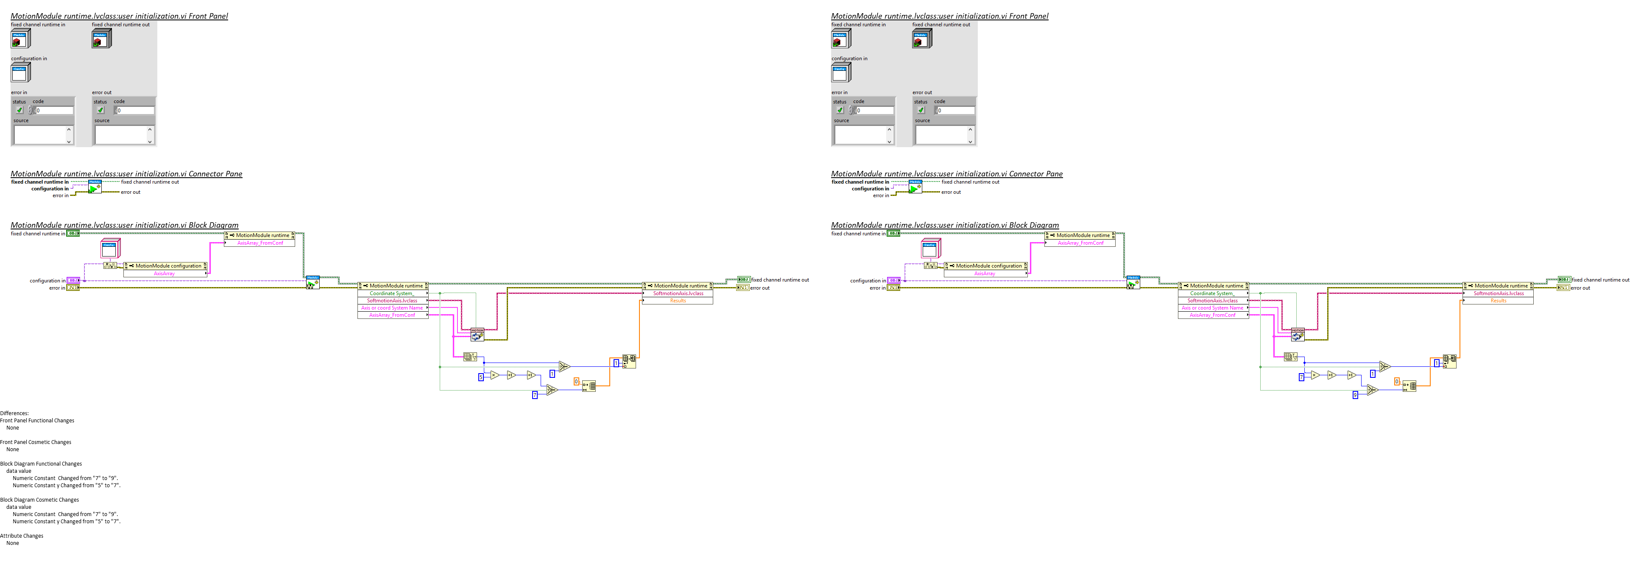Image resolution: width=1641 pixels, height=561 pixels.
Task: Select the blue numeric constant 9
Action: (1355, 395)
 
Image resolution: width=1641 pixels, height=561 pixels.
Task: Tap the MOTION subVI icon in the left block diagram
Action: (477, 334)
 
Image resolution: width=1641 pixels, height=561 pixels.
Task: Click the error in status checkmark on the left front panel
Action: (19, 110)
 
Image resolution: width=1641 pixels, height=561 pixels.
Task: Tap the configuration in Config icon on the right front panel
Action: (840, 73)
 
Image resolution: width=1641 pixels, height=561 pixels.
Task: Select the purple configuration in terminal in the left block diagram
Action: (73, 280)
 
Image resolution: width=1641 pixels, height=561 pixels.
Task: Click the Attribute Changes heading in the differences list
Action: (22, 536)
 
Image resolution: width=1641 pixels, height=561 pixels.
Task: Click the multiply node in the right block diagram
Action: (1315, 375)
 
